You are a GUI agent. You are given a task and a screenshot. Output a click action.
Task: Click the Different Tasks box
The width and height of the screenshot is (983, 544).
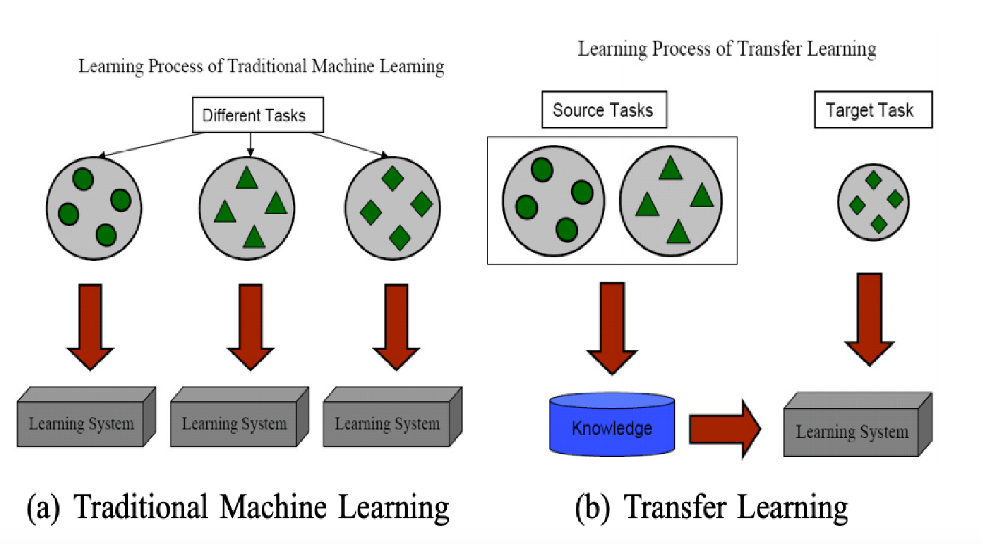coord(258,115)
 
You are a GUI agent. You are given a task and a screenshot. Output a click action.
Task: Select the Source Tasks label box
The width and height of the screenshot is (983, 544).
coord(604,110)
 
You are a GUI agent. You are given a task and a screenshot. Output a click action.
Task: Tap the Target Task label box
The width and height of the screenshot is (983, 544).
coord(873,110)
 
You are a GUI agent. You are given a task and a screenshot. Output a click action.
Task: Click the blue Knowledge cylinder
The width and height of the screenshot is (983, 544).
coord(612,426)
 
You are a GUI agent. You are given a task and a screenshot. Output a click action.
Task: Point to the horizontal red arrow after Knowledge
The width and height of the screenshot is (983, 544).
coord(724,429)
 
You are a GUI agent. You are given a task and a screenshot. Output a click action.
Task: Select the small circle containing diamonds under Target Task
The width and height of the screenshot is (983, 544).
coord(873,202)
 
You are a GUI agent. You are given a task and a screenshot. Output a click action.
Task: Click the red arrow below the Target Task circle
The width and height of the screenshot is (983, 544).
coord(870,319)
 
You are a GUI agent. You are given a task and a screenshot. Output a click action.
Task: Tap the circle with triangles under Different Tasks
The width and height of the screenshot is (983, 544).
coord(247,208)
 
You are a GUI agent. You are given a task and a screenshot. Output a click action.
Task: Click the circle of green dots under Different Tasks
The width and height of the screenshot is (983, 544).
coord(94,208)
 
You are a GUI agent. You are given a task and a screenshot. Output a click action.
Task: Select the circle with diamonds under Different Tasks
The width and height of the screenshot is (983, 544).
coord(392,208)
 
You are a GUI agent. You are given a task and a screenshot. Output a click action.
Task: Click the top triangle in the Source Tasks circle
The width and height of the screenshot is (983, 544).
coord(671,168)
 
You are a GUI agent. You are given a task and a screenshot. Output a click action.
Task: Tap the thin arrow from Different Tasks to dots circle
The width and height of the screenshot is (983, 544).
coord(150,145)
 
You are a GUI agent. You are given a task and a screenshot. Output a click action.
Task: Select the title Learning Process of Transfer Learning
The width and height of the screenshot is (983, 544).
coord(727,48)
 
